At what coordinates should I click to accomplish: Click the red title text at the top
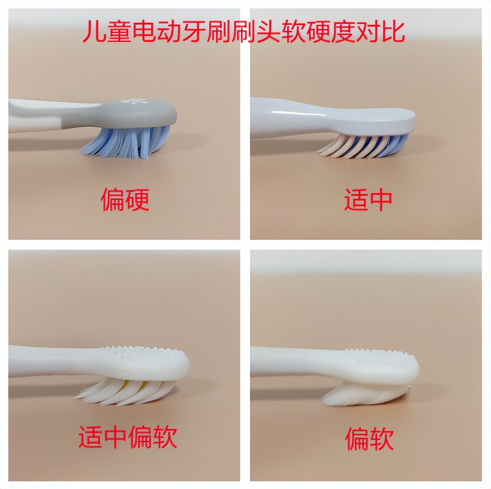244,32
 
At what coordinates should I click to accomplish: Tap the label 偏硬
125,200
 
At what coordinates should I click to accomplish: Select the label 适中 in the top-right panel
367,200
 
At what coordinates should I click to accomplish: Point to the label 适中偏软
128,436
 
